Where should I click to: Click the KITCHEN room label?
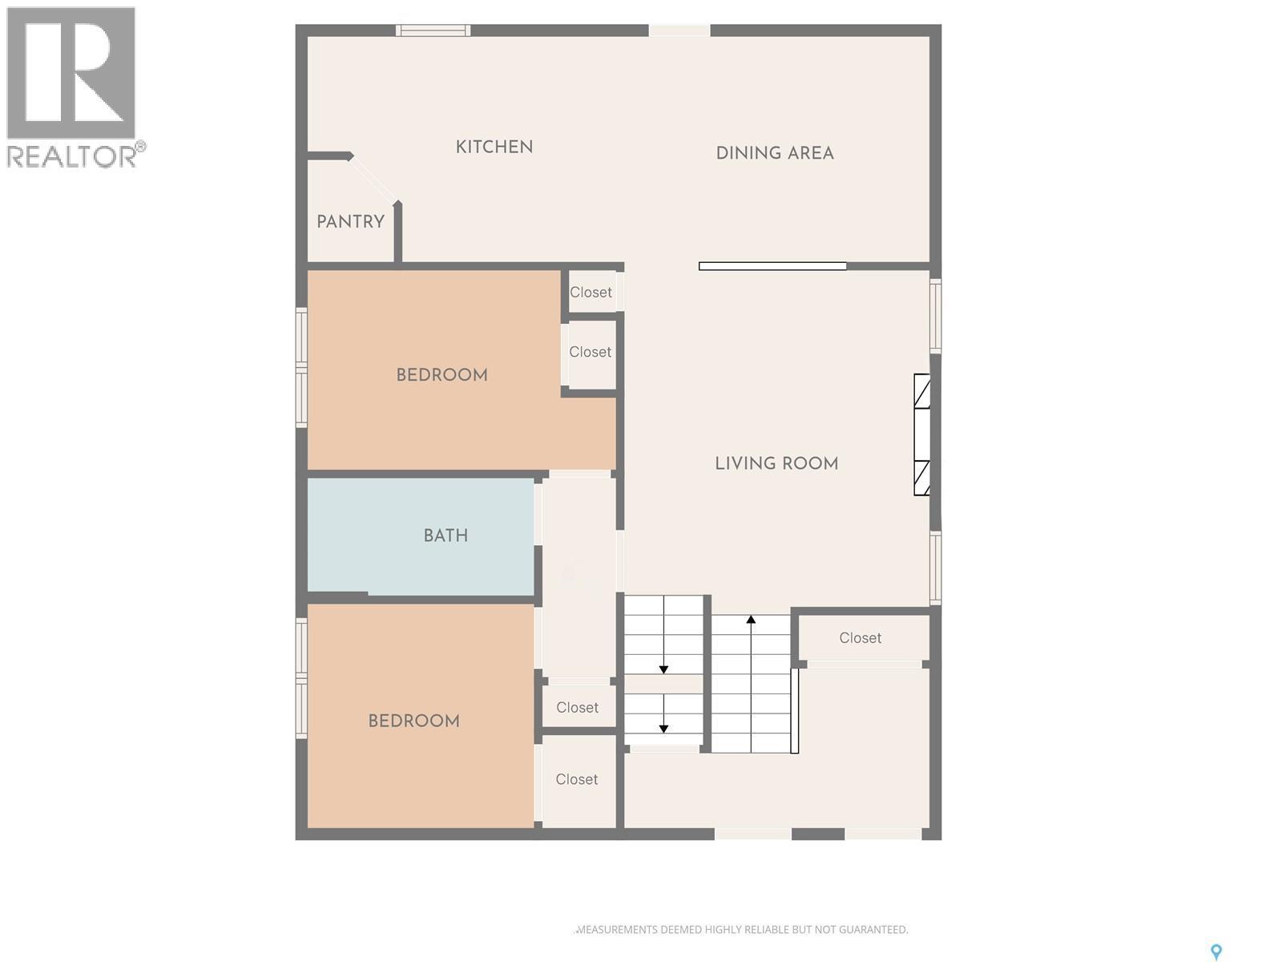coord(494,147)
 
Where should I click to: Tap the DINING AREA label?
coord(775,153)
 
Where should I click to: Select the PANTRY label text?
coord(350,222)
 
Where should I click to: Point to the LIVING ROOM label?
coord(776,463)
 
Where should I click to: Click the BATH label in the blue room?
coord(445,536)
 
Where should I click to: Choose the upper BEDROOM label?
coord(441,375)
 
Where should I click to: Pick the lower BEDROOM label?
coord(413,721)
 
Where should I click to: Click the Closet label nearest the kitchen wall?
coord(591,293)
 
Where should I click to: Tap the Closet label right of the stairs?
coord(860,638)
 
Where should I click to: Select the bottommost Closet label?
coord(576,779)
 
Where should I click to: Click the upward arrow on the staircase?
coord(751,620)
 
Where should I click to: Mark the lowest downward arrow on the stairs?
coord(663,727)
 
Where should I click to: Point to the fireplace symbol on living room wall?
coord(922,435)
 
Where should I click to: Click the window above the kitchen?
coord(433,30)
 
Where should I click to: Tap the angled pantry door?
coord(373,179)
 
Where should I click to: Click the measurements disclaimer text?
coord(742,930)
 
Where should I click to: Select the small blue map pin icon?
coord(1215,952)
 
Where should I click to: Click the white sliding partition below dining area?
coord(772,266)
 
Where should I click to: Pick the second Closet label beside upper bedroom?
coord(590,352)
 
